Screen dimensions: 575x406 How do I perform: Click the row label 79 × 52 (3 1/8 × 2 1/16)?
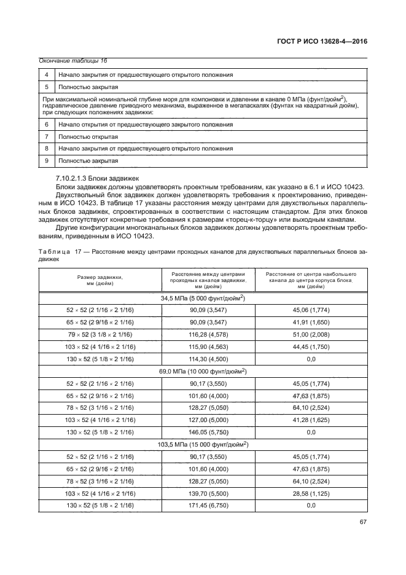(x=100, y=335)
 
